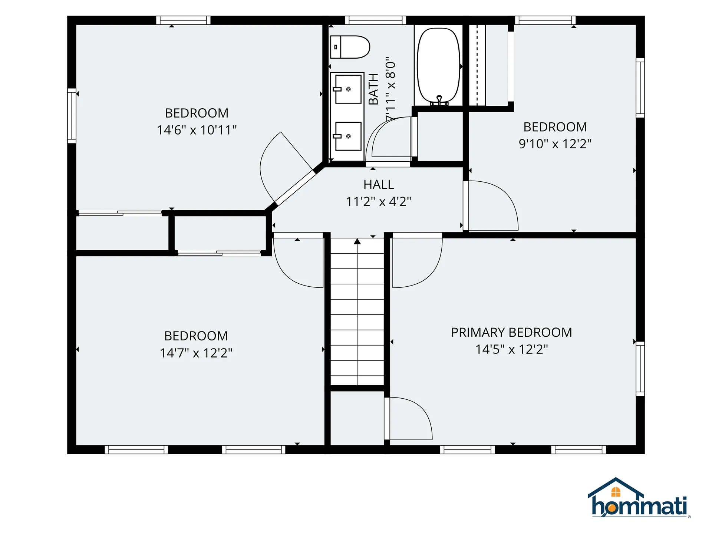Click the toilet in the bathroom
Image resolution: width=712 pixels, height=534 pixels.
[x=350, y=47]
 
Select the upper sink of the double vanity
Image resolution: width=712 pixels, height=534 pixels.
[x=348, y=89]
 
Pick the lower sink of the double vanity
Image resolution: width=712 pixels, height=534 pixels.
[x=348, y=136]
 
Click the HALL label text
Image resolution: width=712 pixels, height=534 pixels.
[x=379, y=184]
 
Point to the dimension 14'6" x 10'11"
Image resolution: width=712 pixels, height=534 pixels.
[x=197, y=130]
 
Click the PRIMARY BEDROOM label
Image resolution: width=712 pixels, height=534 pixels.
[x=511, y=332]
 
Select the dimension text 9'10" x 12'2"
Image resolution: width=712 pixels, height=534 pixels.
[x=555, y=144]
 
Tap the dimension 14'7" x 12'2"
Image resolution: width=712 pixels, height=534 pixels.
[x=196, y=353]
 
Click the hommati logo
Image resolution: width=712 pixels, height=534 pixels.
[x=639, y=498]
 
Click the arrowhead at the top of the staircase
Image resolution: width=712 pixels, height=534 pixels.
[x=357, y=241]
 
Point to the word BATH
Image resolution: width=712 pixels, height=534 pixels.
[x=373, y=89]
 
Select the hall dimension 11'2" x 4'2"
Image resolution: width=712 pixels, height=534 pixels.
[x=379, y=201]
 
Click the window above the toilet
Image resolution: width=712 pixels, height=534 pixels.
[x=375, y=20]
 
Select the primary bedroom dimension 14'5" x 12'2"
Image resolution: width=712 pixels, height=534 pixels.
[x=511, y=349]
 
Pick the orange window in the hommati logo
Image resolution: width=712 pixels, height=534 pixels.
[x=616, y=492]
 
